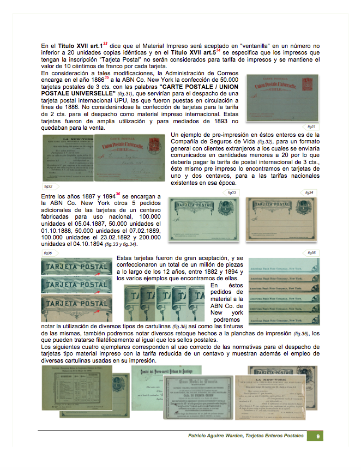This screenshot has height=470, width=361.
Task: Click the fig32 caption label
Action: click(50, 185)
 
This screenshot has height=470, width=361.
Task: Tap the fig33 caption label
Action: click(231, 192)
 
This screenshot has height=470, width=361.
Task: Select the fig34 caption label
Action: click(309, 192)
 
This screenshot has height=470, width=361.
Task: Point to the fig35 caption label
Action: click(312, 252)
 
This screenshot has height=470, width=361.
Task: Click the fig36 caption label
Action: click(48, 253)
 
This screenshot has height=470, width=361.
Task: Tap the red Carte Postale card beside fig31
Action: click(282, 98)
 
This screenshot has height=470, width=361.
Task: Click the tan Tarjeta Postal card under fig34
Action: click(281, 219)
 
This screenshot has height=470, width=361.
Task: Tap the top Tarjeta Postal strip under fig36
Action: click(76, 268)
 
